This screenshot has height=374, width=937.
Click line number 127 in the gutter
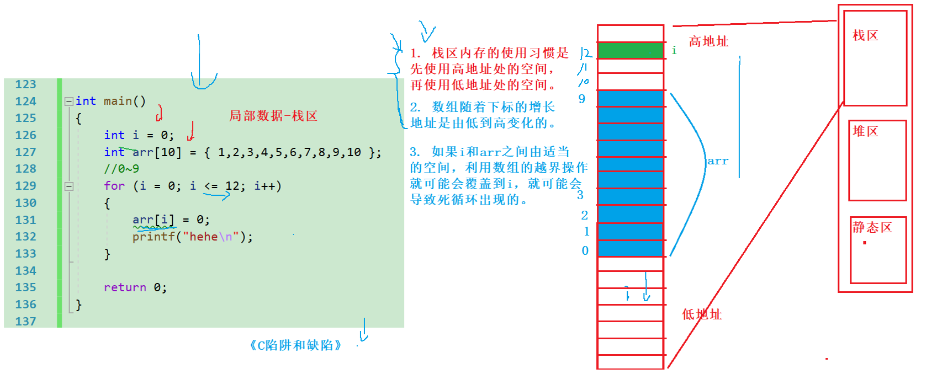point(25,152)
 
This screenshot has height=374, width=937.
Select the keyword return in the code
point(125,287)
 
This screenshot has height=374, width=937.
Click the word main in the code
point(118,101)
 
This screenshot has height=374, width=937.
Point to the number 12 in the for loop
point(232,186)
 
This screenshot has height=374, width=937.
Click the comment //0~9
point(121,169)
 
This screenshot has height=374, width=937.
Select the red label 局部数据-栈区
point(273,116)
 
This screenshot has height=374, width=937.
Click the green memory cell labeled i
point(630,51)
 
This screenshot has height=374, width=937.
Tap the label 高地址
point(708,41)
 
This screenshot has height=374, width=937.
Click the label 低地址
point(701,314)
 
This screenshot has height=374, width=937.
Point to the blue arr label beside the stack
point(718,161)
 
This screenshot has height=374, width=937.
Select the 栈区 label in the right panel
point(865,36)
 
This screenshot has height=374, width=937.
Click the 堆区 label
point(865,131)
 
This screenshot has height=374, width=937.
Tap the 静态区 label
point(872,227)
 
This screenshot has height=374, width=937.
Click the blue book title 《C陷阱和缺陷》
point(295,345)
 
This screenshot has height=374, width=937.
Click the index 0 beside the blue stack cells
point(585,251)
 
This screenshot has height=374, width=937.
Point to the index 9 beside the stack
point(582,99)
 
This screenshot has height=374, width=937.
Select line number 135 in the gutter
point(25,287)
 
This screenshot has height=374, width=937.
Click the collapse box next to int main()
point(69,101)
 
